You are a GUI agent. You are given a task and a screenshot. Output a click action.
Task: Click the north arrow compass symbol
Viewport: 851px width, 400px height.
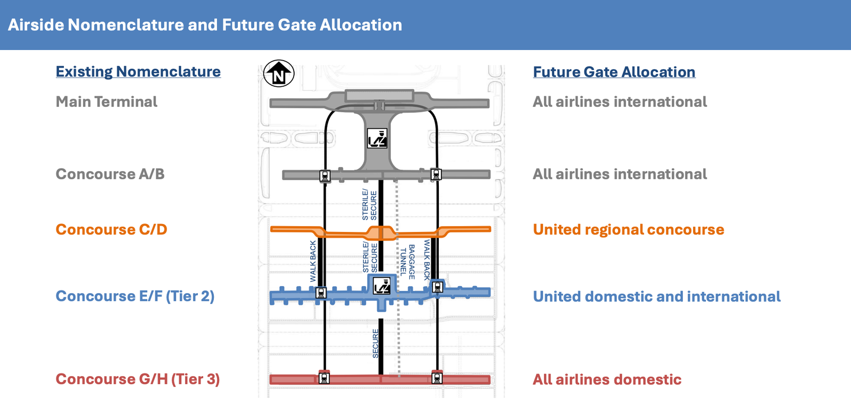(x=279, y=73)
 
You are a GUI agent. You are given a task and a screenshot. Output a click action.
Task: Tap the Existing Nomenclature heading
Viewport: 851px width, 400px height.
(x=138, y=72)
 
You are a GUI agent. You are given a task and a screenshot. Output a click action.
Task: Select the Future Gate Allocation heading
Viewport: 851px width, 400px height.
(x=614, y=72)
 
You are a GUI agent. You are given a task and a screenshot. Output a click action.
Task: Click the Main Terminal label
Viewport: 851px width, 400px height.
(x=106, y=102)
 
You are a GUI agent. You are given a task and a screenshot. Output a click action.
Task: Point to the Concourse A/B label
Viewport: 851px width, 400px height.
(x=110, y=174)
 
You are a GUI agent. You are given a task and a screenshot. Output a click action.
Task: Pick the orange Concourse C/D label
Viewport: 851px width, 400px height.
(x=111, y=229)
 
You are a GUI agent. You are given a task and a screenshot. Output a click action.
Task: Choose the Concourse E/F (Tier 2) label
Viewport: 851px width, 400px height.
(x=135, y=296)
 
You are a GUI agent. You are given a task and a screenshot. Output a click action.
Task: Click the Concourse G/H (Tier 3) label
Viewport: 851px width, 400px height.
(x=138, y=379)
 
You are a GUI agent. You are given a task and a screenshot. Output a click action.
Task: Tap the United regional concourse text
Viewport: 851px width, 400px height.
(x=628, y=230)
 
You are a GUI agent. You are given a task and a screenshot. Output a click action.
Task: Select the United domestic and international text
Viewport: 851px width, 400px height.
(x=656, y=297)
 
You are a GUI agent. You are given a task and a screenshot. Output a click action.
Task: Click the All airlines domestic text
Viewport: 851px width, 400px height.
(x=607, y=379)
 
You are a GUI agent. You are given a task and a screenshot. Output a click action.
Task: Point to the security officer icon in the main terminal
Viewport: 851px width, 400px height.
(x=377, y=138)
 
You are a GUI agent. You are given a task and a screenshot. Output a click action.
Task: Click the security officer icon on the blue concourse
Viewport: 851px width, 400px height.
(x=381, y=286)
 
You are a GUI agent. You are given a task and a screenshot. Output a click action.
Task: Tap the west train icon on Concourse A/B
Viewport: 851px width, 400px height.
(x=325, y=176)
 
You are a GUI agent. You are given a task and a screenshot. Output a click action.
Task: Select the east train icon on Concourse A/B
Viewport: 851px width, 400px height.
(x=436, y=174)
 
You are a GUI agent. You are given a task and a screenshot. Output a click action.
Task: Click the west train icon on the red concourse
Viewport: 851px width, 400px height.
(x=324, y=378)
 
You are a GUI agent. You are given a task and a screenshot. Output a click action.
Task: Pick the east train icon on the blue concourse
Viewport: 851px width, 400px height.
(x=438, y=286)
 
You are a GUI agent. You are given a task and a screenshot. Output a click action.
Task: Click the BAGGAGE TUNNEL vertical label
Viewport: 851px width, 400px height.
(x=407, y=262)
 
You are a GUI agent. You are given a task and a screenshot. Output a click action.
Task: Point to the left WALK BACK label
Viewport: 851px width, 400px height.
(x=313, y=261)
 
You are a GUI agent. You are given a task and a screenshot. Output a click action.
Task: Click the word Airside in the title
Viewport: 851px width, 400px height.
(x=36, y=25)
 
